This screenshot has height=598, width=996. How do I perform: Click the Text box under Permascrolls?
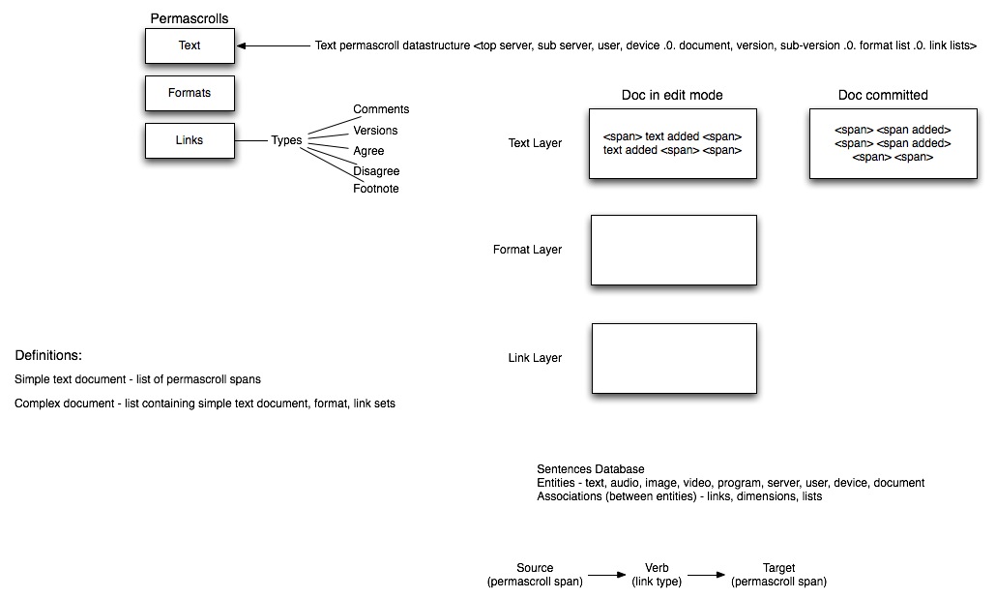tap(190, 45)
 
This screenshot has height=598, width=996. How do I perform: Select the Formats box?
tap(190, 94)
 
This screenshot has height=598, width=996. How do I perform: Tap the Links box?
tap(190, 140)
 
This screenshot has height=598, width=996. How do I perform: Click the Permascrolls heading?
tap(190, 18)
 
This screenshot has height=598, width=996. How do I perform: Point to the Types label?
tap(286, 140)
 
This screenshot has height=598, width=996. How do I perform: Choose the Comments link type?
tap(381, 109)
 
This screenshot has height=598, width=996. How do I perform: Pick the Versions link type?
tap(375, 131)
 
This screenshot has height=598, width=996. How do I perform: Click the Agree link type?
tap(368, 151)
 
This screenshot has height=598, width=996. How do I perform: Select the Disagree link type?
tap(376, 171)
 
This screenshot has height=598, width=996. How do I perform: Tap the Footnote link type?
tap(376, 189)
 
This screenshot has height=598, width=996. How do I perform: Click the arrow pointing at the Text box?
tap(273, 45)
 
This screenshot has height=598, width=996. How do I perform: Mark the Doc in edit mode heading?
tap(672, 96)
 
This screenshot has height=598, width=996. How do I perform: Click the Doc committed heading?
tap(883, 96)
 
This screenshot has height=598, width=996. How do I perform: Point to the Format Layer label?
tap(527, 250)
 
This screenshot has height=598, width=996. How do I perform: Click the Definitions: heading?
tap(48, 355)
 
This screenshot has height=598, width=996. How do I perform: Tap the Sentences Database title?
tap(591, 469)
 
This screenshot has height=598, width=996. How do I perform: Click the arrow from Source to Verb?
tap(607, 575)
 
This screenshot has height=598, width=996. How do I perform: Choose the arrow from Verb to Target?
tap(706, 575)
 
